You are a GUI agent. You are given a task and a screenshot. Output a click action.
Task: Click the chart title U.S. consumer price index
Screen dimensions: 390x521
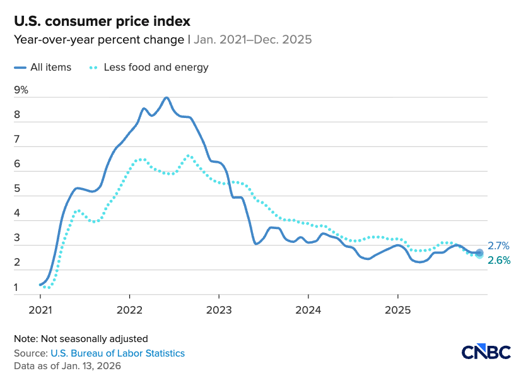tap(102, 21)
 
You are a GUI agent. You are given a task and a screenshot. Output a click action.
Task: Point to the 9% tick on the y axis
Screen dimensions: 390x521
tap(21, 90)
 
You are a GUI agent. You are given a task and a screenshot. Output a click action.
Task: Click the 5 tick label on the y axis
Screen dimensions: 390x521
tap(17, 189)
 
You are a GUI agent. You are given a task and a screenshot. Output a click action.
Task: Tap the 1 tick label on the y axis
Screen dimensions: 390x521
tap(16, 288)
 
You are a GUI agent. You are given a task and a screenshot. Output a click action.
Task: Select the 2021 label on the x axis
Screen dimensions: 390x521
tap(40, 310)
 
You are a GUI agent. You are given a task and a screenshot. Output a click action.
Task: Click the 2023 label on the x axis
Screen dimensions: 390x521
tap(218, 310)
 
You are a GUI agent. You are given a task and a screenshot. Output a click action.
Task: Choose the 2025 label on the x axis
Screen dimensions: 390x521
tap(397, 310)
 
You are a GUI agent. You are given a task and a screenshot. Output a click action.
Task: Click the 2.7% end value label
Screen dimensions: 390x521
tap(498, 246)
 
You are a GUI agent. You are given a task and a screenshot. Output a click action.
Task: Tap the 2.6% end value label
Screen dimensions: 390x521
tap(498, 260)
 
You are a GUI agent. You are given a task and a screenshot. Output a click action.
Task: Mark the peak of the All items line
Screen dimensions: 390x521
tap(166, 98)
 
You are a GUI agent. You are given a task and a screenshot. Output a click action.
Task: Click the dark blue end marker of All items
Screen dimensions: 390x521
tap(479, 252)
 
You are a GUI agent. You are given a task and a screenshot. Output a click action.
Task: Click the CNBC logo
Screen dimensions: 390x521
tap(486, 352)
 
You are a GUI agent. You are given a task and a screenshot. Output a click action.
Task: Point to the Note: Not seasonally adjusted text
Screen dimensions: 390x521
tap(81, 339)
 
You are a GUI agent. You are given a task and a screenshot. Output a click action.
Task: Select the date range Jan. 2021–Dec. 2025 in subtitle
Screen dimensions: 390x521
tap(252, 40)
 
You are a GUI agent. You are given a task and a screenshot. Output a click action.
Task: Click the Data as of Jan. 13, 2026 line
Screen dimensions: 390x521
tap(67, 366)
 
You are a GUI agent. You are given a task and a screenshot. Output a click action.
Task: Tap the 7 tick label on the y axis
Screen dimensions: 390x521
tap(17, 139)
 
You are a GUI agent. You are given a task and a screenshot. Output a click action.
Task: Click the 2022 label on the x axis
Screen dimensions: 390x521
tap(129, 310)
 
